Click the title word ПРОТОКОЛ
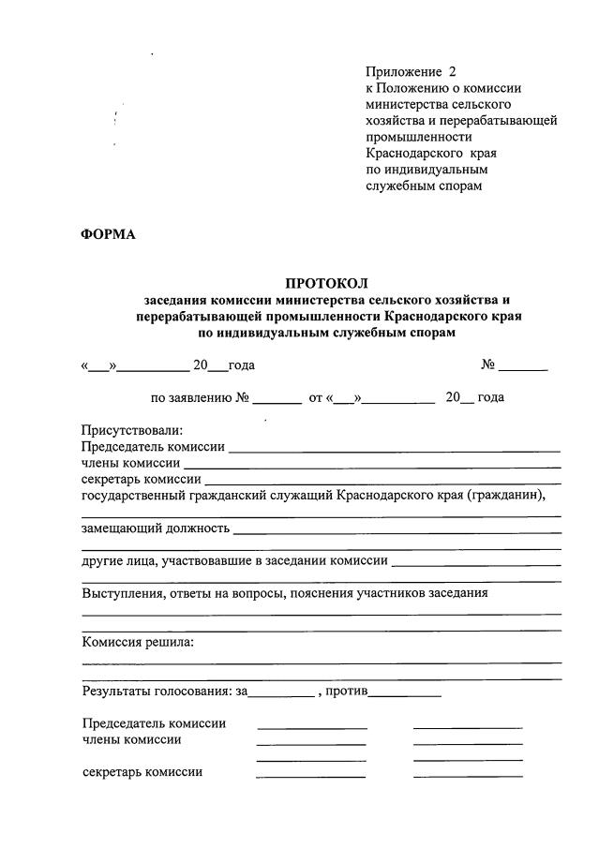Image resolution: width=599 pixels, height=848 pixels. click(x=327, y=283)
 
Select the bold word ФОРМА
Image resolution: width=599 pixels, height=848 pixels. click(x=109, y=234)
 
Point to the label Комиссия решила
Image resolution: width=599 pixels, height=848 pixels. click(x=138, y=642)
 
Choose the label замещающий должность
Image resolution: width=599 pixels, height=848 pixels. click(x=156, y=528)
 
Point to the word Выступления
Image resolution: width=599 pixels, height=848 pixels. click(x=125, y=593)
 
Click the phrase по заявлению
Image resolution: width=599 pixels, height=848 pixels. click(x=191, y=397)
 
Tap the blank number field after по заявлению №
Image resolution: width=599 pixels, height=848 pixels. click(x=277, y=399)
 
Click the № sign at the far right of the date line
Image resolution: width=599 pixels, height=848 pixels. click(x=488, y=364)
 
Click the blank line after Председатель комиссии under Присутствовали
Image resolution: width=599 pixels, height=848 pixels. click(x=395, y=449)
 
